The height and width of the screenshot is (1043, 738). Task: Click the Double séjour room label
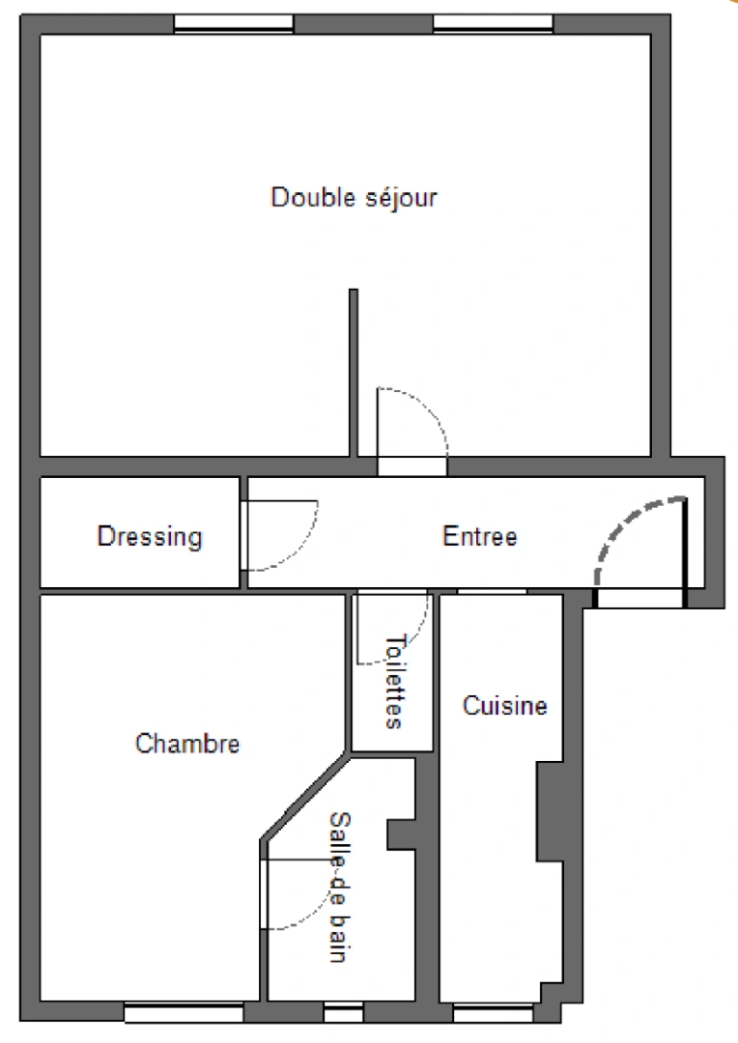point(354,198)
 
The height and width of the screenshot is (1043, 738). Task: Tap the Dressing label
point(150,536)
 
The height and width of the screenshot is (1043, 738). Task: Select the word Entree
point(480,536)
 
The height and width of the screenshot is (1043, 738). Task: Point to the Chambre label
point(187,744)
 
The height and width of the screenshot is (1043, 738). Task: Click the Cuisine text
point(504,706)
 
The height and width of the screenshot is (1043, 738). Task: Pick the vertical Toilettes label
point(393,681)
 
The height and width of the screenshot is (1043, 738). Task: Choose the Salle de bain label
point(338,887)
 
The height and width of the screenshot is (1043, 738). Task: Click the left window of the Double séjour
point(234,24)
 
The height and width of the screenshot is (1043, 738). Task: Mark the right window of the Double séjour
point(493,24)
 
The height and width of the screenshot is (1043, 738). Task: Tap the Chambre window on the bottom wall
point(184,1013)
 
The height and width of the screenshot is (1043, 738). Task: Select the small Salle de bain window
point(343,1013)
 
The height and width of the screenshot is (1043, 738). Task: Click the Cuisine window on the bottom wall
point(493,1013)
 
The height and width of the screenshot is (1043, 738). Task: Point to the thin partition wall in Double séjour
point(354,372)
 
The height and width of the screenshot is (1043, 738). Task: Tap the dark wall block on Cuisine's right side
point(550,811)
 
